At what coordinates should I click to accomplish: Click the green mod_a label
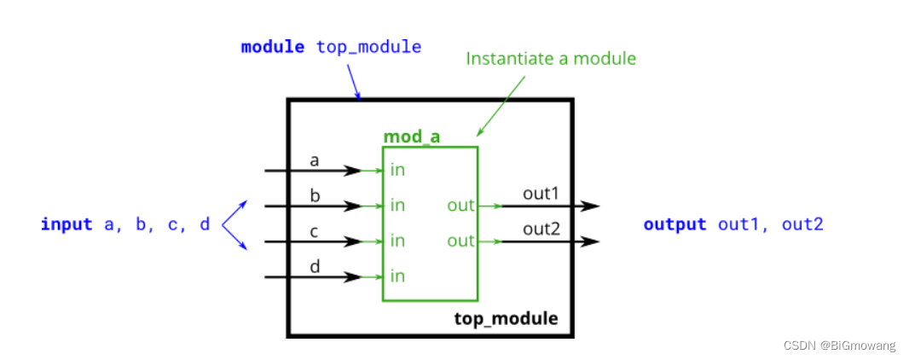point(412,136)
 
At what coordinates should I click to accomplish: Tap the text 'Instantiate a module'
point(551,59)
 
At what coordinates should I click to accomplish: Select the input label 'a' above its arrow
point(315,160)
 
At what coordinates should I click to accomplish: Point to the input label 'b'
point(315,195)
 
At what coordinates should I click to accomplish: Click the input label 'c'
point(315,231)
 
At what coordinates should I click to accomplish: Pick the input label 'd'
point(315,266)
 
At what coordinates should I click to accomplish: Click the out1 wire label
point(541,195)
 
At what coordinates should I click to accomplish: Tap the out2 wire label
point(541,229)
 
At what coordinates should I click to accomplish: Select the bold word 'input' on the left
point(67,224)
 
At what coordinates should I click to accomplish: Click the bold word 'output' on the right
point(675,224)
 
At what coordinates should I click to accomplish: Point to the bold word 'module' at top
point(273,47)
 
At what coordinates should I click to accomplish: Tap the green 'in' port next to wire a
point(397,170)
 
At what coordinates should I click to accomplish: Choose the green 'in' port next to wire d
point(397,276)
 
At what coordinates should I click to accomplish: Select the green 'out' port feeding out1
point(460,206)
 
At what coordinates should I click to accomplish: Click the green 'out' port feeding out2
point(460,241)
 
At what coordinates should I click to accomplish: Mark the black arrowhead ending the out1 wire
point(590,206)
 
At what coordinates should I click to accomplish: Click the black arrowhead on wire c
point(352,241)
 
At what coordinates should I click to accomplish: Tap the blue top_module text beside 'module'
point(368,47)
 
